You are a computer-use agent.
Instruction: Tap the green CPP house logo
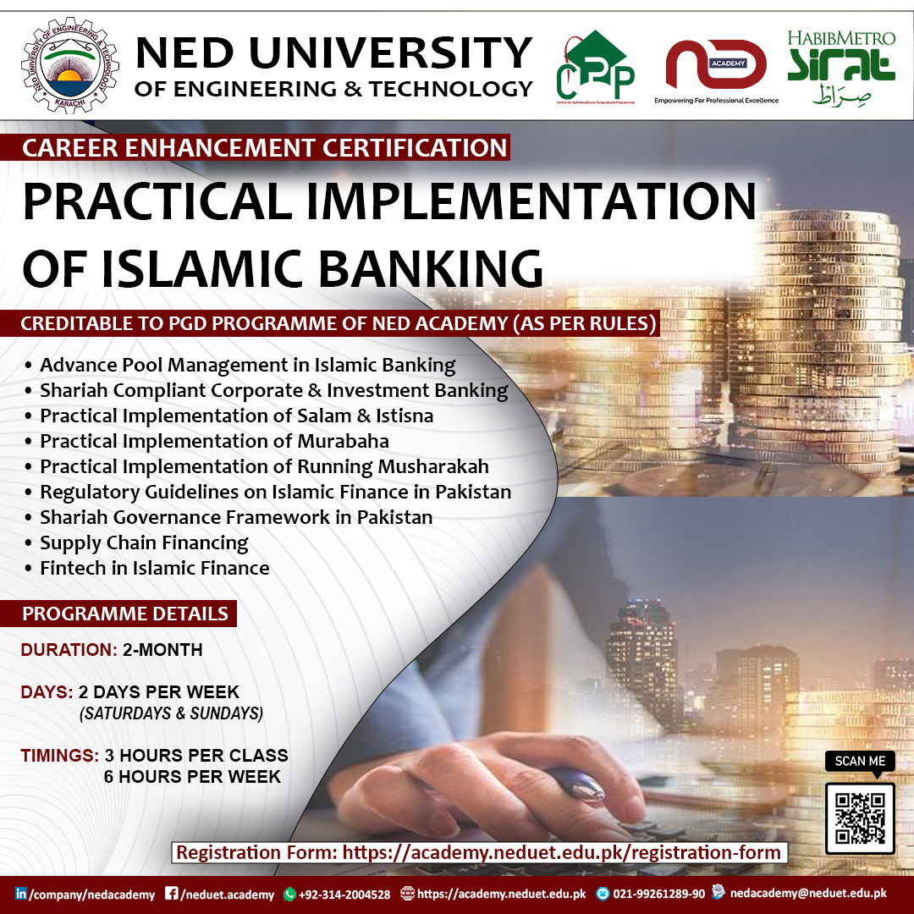point(595,65)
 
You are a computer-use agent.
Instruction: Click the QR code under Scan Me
point(859,818)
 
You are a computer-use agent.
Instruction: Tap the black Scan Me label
point(860,761)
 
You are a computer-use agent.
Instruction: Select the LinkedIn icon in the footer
point(21,894)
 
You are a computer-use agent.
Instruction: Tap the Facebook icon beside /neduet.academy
point(171,894)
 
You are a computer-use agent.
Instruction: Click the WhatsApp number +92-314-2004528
point(344,894)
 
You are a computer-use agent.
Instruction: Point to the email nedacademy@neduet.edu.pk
point(807,893)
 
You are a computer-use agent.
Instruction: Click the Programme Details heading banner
point(124,614)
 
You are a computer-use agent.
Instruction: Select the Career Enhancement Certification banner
point(264,148)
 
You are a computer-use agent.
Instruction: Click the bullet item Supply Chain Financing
point(144,542)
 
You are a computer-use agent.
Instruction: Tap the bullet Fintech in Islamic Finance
point(154,568)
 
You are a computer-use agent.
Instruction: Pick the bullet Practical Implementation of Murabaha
point(214,441)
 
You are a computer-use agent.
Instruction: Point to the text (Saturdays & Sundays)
point(171,713)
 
